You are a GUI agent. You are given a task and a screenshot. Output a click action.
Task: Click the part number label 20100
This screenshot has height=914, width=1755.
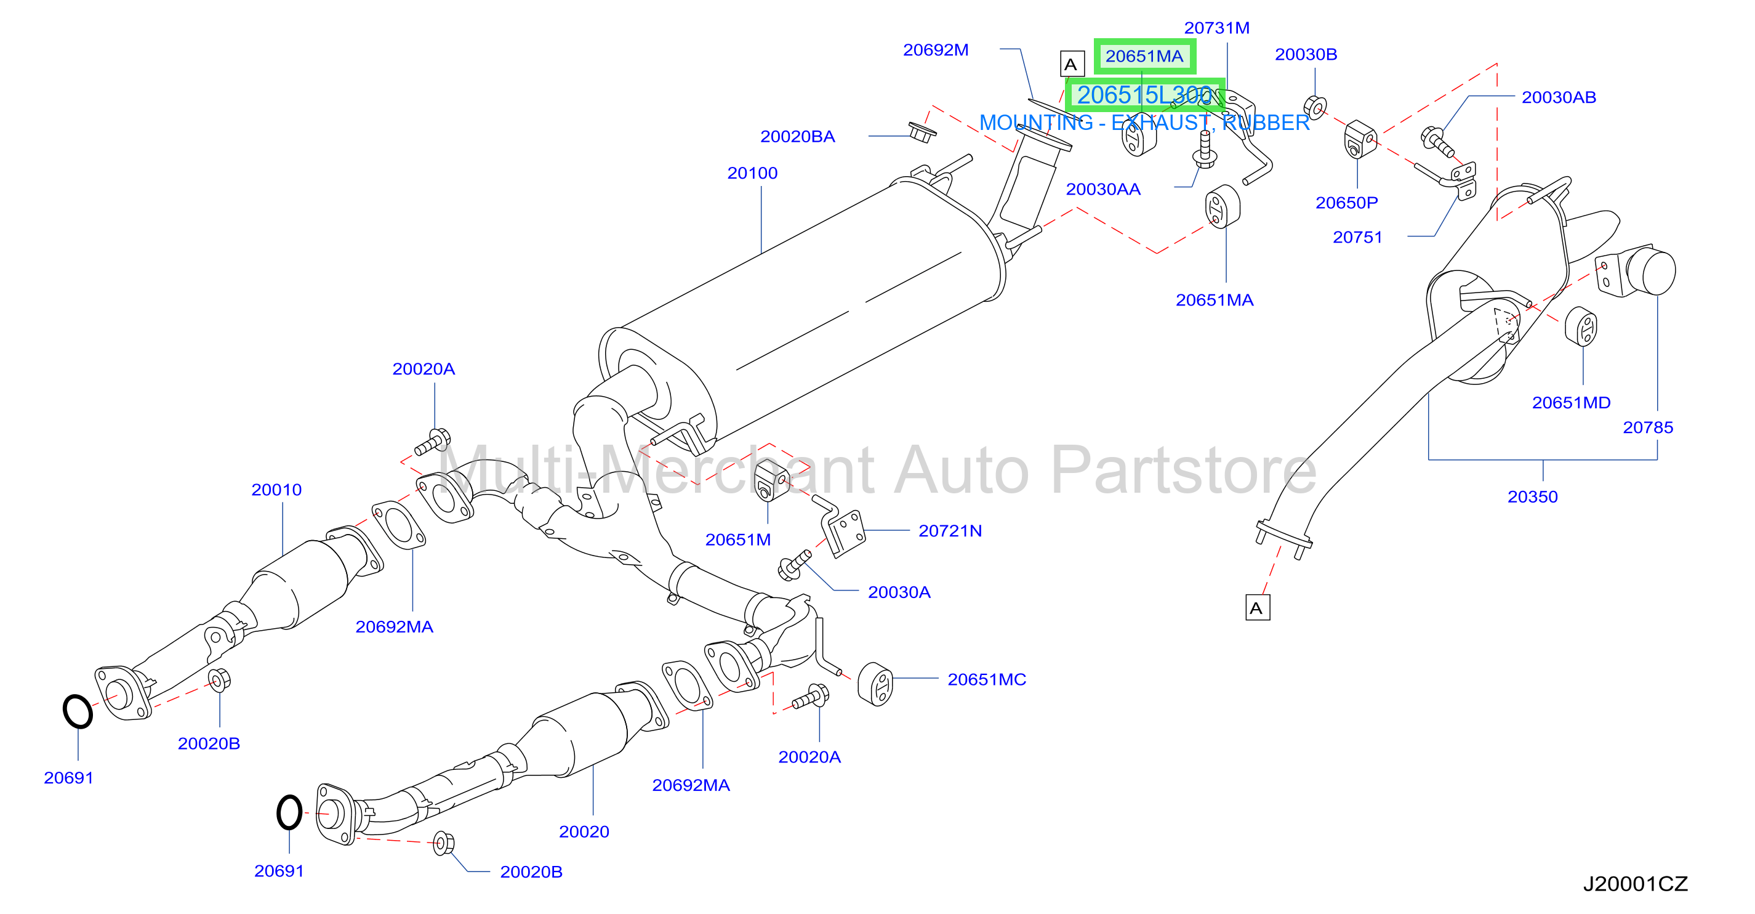pos(752,173)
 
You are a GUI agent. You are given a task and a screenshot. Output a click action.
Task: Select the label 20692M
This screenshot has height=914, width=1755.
pos(936,50)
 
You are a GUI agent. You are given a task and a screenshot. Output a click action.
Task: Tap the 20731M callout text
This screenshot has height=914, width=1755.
pos(1217,28)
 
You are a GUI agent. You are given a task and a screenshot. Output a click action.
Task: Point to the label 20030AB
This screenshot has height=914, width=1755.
pos(1559,97)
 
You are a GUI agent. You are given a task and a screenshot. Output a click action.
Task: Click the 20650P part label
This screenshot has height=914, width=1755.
pos(1346,203)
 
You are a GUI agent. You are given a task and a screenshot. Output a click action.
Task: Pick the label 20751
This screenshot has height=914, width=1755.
pos(1357,237)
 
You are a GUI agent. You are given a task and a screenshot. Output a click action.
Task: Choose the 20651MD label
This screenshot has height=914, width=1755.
pos(1571,403)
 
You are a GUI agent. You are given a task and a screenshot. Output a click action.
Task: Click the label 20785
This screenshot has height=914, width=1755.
pos(1647,427)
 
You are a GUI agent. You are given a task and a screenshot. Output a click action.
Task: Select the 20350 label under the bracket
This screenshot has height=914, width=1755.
pos(1532,497)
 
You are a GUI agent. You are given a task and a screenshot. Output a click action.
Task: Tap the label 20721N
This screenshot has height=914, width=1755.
pos(950,531)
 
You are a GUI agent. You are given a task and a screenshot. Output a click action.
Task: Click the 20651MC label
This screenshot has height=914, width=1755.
pos(987,679)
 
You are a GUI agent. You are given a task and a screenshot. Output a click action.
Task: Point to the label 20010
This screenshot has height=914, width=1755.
pos(276,490)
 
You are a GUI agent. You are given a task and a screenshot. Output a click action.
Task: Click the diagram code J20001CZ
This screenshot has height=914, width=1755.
pos(1635,884)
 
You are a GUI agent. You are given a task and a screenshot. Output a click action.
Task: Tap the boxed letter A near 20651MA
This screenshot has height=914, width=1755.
pos(1072,64)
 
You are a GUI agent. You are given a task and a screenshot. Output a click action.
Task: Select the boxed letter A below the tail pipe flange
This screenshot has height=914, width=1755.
pos(1257,607)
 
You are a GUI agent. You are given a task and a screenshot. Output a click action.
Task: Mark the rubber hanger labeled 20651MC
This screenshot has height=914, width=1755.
pos(875,684)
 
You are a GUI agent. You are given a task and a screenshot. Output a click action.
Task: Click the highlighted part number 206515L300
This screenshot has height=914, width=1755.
pos(1144,95)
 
